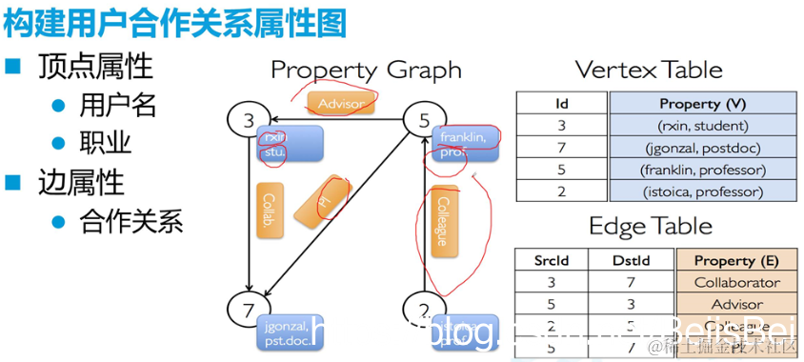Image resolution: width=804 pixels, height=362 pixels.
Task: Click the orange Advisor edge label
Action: [340, 102]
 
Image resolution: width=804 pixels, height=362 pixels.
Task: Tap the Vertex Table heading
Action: [649, 70]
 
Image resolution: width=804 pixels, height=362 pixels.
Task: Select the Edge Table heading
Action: [650, 226]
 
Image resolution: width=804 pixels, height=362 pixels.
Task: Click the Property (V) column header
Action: [702, 103]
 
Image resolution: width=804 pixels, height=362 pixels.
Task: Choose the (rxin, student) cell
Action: [702, 126]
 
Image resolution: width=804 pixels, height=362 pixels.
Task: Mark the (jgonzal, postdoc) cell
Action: [702, 148]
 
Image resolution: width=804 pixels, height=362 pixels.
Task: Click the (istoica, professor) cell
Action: [702, 191]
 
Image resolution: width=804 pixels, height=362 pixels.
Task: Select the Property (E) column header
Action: [736, 260]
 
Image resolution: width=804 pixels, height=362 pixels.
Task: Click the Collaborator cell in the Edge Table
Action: [736, 282]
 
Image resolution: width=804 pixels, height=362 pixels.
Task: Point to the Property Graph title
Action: [366, 70]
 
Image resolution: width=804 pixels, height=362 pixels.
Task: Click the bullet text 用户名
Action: [118, 105]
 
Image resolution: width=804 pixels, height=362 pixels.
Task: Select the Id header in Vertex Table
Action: [561, 103]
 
